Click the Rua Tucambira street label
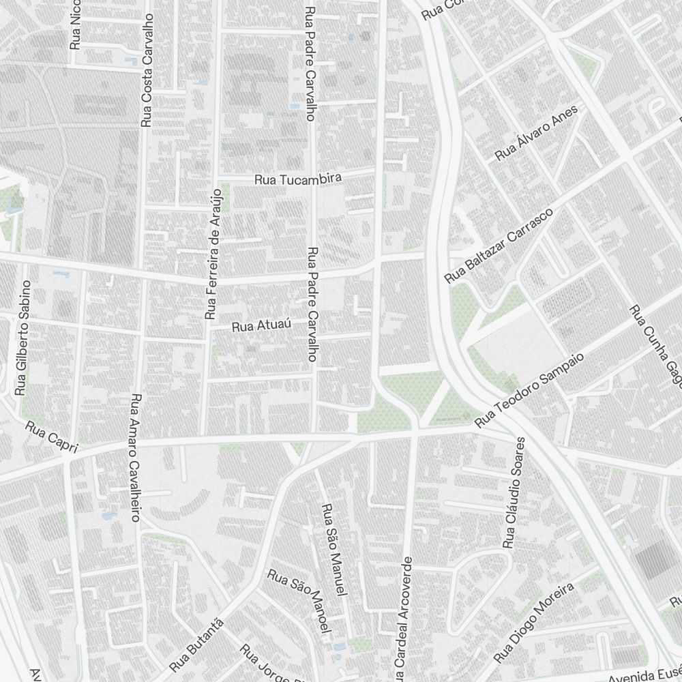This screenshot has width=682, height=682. [x=298, y=179]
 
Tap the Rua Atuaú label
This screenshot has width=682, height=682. [x=262, y=326]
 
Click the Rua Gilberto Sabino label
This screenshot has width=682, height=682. [x=23, y=338]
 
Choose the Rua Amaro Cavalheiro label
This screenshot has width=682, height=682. [x=135, y=458]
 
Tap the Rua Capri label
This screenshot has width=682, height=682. [x=53, y=438]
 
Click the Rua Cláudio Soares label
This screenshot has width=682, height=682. [x=514, y=492]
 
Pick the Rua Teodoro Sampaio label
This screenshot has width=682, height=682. [x=530, y=391]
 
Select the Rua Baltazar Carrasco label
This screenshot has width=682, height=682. [x=498, y=246]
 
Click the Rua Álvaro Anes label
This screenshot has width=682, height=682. [x=536, y=133]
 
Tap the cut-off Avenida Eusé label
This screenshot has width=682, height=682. [x=644, y=675]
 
